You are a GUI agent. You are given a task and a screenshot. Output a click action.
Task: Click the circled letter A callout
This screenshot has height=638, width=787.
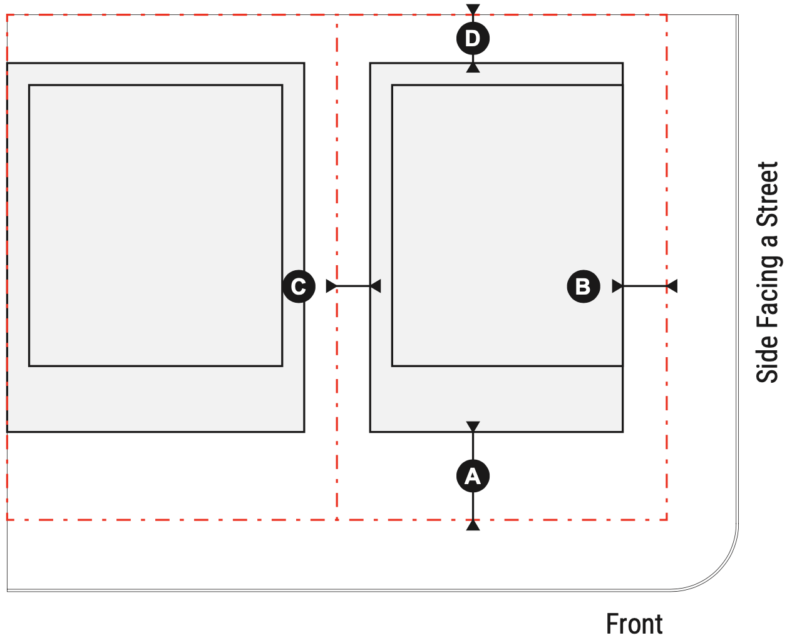click(x=473, y=477)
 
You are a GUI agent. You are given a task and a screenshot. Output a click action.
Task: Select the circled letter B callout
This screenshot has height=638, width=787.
click(x=583, y=286)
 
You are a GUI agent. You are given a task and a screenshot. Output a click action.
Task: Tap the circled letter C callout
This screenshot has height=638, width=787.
click(x=299, y=286)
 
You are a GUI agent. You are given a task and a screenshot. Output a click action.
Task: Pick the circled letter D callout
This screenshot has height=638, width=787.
click(x=473, y=39)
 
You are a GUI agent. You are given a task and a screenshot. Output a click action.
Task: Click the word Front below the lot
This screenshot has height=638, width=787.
click(x=634, y=624)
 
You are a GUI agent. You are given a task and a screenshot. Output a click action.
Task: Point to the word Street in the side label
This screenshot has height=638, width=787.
click(x=768, y=194)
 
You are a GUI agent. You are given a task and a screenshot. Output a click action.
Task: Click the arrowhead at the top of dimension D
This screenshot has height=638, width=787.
click(x=473, y=9)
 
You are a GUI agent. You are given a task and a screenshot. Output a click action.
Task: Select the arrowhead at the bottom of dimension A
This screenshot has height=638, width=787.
click(x=473, y=525)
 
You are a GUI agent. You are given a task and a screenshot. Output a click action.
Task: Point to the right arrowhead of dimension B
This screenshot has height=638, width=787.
click(x=672, y=286)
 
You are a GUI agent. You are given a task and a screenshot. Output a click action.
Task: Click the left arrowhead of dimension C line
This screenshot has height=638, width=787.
click(x=331, y=286)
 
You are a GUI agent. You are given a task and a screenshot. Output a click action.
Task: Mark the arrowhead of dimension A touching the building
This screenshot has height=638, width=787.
click(x=473, y=427)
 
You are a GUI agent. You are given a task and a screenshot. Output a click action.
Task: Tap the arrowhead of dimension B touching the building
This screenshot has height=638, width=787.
click(x=617, y=286)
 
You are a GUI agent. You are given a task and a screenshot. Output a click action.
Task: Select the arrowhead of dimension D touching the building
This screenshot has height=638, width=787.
click(x=473, y=68)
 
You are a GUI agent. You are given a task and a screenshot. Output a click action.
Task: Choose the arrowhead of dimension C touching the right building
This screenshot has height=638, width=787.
click(x=375, y=286)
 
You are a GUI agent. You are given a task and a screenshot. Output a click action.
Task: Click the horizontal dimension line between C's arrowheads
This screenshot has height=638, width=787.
click(x=353, y=286)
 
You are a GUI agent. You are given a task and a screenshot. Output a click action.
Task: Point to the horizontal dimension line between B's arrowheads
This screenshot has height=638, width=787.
click(x=645, y=286)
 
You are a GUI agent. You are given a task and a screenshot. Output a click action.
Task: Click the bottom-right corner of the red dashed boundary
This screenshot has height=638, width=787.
click(x=667, y=519)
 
